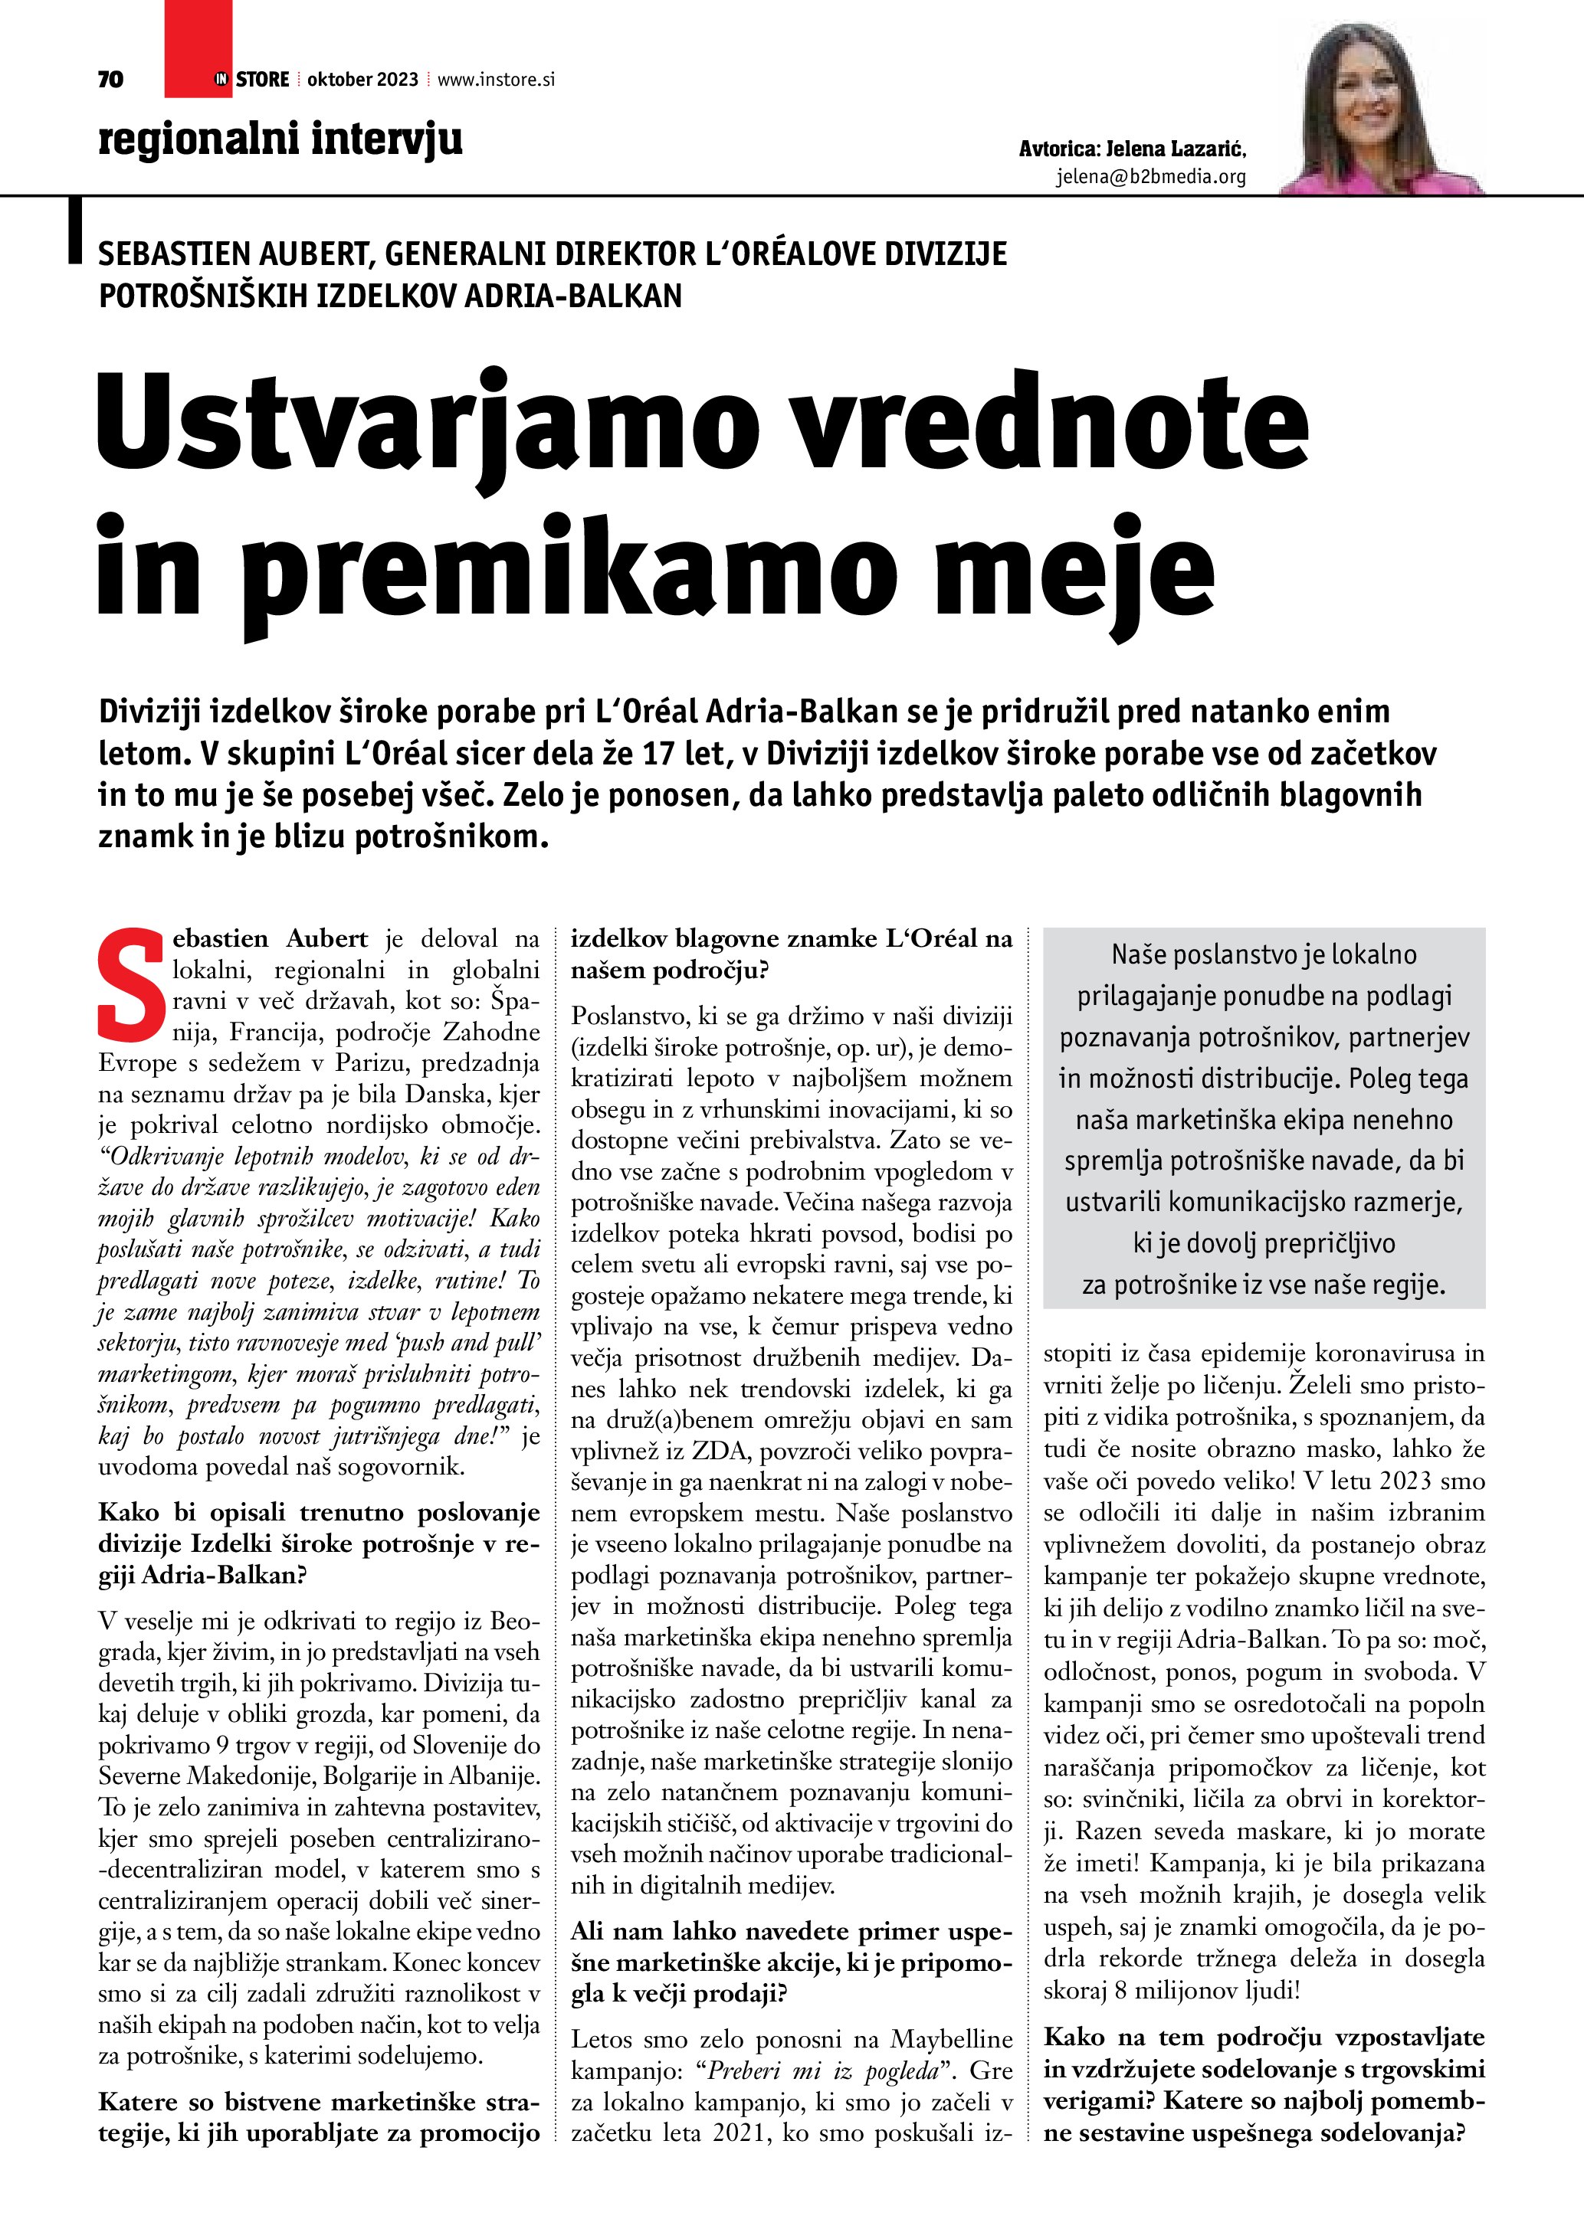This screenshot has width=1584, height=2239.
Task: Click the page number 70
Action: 110,79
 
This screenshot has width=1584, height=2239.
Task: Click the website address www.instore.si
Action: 496,80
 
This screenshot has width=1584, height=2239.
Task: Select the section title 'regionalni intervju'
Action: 280,139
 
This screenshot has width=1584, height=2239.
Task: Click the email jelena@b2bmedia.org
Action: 1151,178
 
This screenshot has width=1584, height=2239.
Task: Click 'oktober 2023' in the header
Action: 362,80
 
